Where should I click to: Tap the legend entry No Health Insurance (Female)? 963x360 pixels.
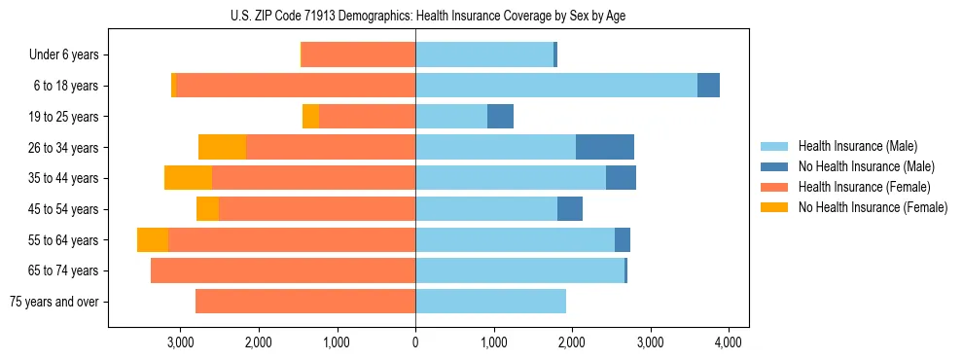click(x=873, y=207)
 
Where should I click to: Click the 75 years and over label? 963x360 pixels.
click(x=53, y=302)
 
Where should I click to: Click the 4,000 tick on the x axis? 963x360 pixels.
click(x=729, y=342)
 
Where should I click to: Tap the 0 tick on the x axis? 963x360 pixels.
click(x=415, y=342)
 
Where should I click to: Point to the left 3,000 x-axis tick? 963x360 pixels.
click(x=180, y=342)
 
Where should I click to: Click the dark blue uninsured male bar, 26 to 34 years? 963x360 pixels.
click(x=605, y=147)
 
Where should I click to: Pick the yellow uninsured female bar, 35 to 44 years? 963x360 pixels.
click(x=188, y=178)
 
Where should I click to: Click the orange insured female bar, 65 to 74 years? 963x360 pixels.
click(x=283, y=270)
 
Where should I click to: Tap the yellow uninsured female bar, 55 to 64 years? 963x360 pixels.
click(x=153, y=239)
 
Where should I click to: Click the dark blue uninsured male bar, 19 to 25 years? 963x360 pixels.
click(x=500, y=117)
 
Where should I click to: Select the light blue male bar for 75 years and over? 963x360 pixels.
click(x=490, y=302)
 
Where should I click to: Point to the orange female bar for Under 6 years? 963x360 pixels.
click(x=359, y=55)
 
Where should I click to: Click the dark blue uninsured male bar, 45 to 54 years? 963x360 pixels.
click(x=570, y=209)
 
